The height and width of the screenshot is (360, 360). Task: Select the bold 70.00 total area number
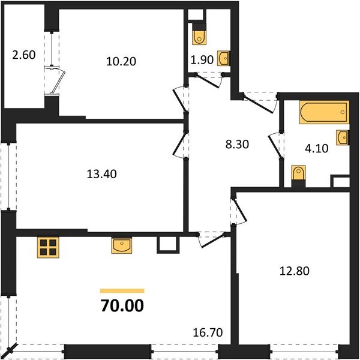click(122, 307)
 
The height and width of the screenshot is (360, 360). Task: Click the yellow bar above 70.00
click(122, 290)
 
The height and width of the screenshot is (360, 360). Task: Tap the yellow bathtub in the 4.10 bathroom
click(323, 113)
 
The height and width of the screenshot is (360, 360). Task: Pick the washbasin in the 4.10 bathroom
click(342, 137)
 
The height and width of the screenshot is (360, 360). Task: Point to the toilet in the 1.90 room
click(199, 36)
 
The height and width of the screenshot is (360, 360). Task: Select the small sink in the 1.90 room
click(223, 58)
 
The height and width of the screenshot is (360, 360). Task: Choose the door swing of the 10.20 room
click(179, 96)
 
